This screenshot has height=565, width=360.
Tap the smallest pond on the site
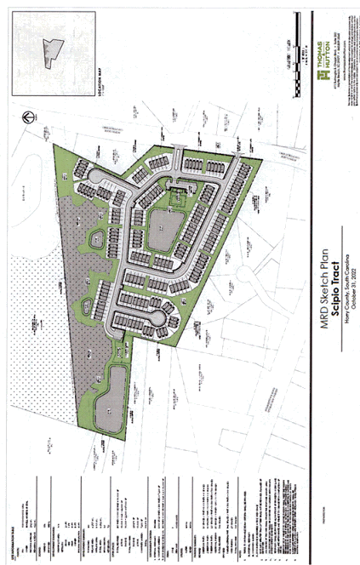coord(95,240)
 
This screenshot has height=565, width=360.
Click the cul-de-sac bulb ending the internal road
coord(156,318)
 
